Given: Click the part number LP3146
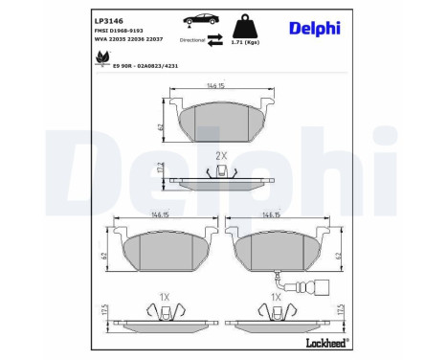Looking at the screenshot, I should click(107, 20).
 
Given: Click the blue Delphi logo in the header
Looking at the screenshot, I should click(316, 29).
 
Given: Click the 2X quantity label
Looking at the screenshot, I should click(221, 154).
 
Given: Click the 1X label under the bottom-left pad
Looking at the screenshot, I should click(164, 298).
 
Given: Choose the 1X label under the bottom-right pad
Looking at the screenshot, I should click(275, 298).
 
